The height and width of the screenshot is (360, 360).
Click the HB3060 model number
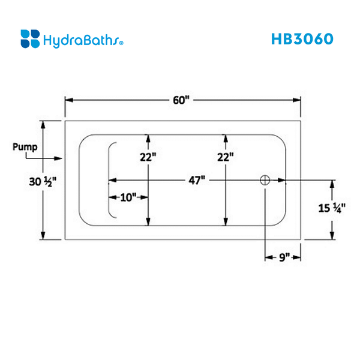(x=302, y=38)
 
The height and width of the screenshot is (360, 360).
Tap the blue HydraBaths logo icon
(x=30, y=38)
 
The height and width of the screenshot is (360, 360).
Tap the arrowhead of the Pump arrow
(x=59, y=158)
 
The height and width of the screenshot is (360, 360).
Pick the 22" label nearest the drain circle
(x=224, y=157)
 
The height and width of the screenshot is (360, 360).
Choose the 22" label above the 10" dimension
(x=148, y=157)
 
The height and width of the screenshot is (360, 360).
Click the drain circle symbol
(x=265, y=180)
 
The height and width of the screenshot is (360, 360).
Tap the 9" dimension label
(x=284, y=257)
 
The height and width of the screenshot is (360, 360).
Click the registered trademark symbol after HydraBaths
(x=122, y=43)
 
